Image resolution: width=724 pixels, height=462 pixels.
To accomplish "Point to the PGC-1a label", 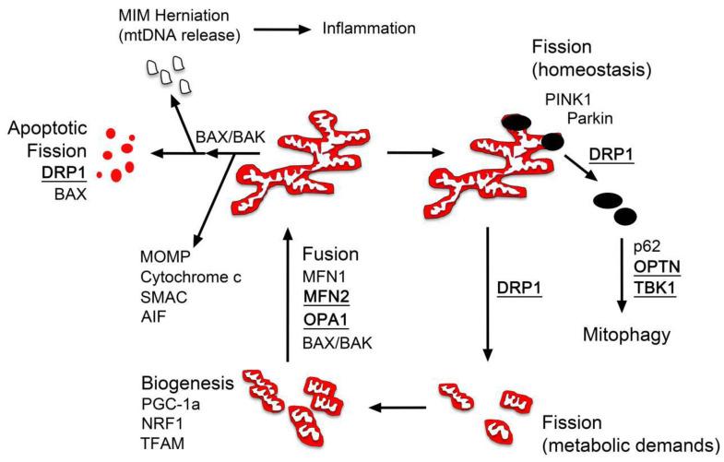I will click(172, 403).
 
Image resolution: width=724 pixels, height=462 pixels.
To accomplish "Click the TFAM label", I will click(163, 444).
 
